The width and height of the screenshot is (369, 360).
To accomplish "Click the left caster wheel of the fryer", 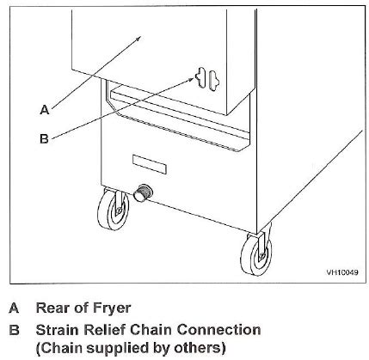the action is (x=113, y=209).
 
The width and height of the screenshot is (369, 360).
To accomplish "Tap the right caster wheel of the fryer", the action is (x=256, y=253).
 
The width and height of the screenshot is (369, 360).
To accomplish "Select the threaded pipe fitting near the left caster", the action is (x=143, y=193).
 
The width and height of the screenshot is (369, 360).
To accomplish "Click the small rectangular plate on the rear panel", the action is (x=150, y=164).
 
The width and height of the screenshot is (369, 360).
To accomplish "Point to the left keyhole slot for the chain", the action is (x=200, y=77).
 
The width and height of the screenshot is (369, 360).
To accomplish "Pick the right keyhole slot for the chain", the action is (x=214, y=81).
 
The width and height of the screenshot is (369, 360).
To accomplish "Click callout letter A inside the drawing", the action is (x=45, y=110).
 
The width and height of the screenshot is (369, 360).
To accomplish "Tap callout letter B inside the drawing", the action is (x=44, y=138).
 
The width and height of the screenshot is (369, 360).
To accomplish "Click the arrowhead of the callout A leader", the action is (x=138, y=39).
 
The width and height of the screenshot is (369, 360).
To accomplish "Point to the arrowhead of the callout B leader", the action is (x=191, y=80).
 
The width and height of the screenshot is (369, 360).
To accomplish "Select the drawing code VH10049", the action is (x=342, y=272).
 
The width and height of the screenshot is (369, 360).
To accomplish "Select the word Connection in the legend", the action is (x=218, y=330).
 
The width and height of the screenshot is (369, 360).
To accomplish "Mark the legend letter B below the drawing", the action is (x=14, y=330).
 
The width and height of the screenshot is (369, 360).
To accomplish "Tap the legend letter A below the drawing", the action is (x=14, y=308).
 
